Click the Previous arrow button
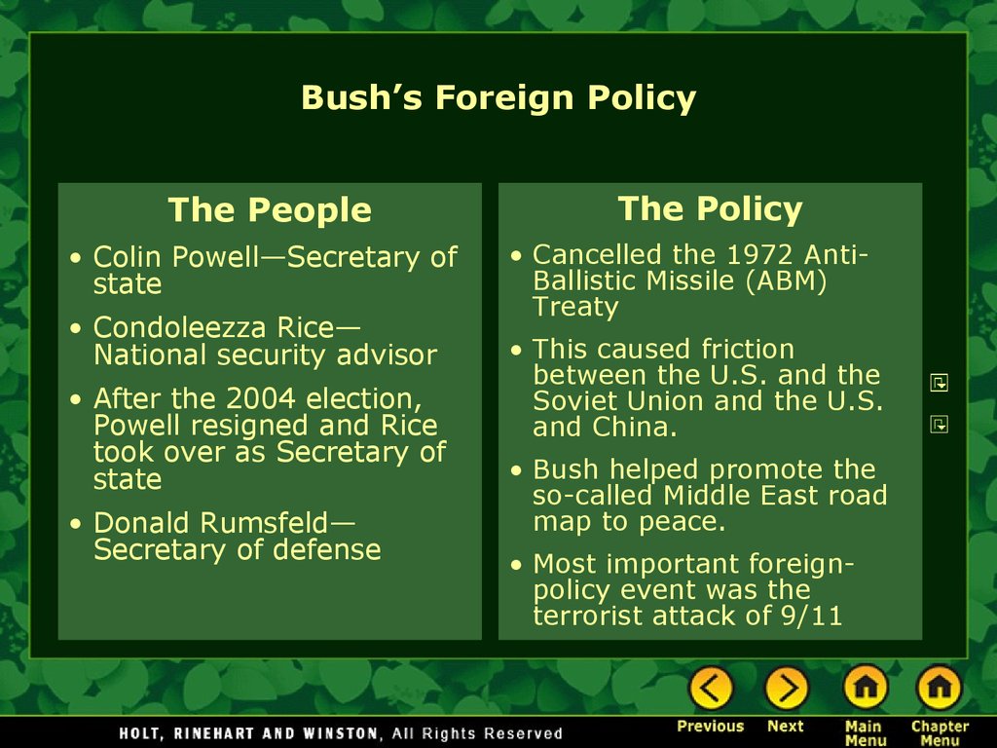711,688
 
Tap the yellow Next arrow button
786,688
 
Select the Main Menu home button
866,688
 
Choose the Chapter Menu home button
940,688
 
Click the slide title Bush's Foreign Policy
498,98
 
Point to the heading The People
270,209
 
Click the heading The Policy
710,208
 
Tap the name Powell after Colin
215,257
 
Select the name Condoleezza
180,327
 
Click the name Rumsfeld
264,523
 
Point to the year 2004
261,398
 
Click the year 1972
759,254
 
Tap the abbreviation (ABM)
787,280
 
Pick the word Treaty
575,307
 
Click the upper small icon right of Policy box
940,383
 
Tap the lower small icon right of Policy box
940,425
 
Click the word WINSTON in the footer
342,733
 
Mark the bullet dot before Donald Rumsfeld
76,524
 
